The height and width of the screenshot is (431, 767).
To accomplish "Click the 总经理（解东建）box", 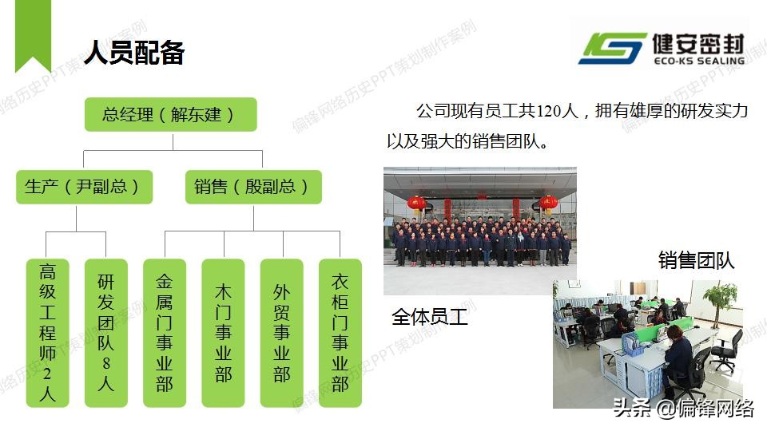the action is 171,114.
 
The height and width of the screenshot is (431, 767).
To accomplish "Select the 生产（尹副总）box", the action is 84,187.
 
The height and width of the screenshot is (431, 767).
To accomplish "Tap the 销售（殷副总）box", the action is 253,187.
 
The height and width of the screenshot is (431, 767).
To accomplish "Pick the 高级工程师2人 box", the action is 47,333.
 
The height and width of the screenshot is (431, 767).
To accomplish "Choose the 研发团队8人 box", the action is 106,333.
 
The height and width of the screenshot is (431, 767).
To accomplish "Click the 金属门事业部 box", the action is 165,333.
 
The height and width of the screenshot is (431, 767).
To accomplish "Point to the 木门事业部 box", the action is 223,333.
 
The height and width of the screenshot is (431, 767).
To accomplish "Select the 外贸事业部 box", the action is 282,333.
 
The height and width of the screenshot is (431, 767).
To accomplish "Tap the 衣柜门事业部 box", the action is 340,333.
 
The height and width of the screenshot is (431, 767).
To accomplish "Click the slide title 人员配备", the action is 134,53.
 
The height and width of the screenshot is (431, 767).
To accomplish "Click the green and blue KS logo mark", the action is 613,49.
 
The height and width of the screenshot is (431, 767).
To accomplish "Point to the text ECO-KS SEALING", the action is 699,61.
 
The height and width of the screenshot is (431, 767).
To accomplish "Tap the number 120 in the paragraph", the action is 548,112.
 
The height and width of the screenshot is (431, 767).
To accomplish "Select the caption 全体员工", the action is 430,317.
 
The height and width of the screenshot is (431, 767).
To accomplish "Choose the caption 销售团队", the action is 696,260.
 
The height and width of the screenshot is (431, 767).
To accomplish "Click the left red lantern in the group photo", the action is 416,204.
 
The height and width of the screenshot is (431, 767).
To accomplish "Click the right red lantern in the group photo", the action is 548,204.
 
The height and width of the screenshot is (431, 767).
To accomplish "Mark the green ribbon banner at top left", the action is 33,35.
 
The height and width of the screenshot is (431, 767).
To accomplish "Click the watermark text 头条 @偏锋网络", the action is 683,408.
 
